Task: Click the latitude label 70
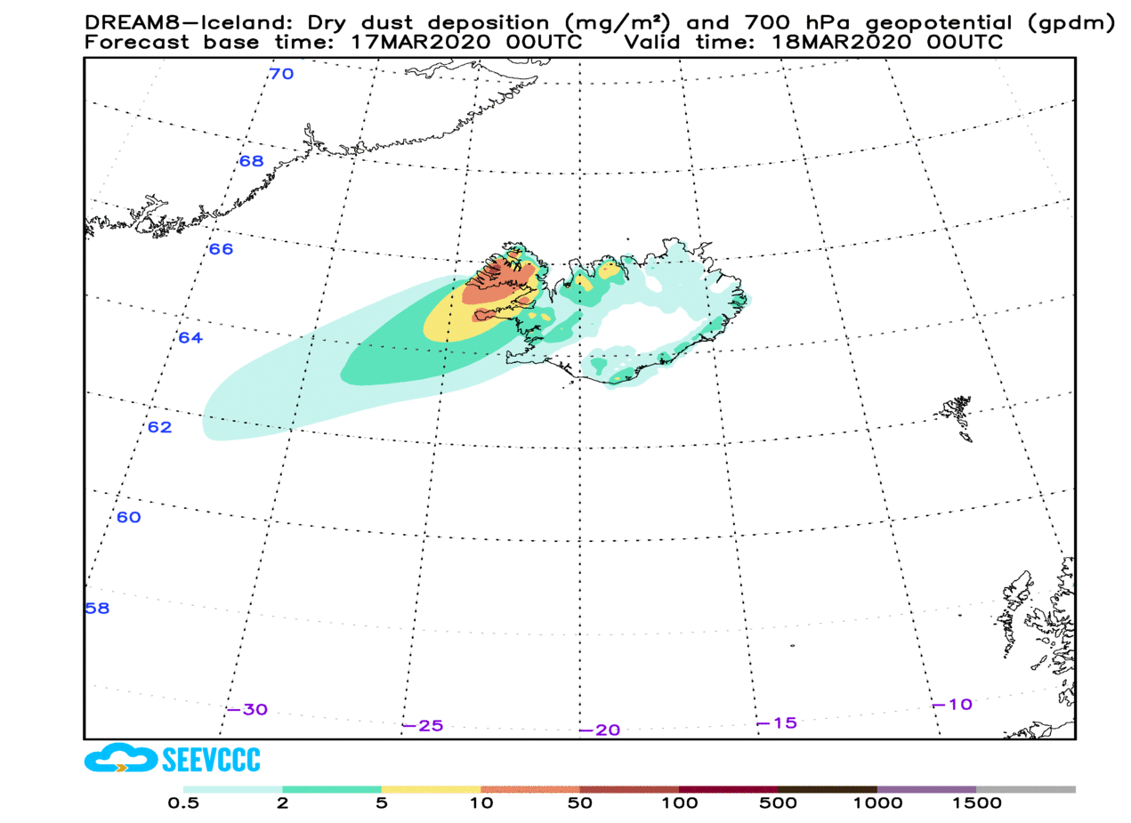[281, 74]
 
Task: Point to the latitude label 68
[252, 161]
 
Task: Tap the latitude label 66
[221, 249]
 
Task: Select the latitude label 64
[190, 338]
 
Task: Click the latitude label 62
[159, 427]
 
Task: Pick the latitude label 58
[97, 609]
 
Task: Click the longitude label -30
[246, 710]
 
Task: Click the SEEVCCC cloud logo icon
[121, 759]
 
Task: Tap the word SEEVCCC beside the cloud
[212, 760]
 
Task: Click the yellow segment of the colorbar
[431, 789]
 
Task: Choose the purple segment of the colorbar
[926, 789]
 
